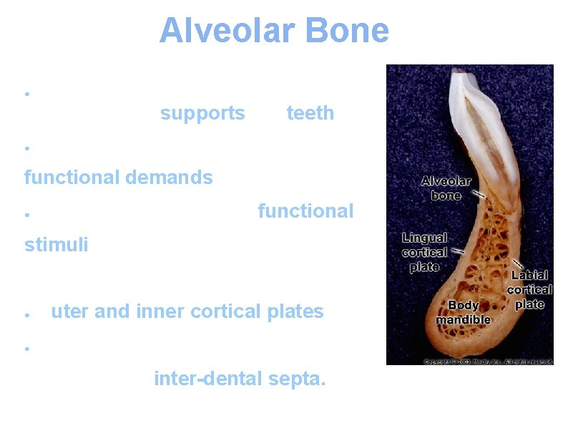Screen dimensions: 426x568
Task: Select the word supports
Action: [202, 113]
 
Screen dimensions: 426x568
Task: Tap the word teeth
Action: [310, 113]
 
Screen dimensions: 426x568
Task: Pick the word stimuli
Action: [57, 245]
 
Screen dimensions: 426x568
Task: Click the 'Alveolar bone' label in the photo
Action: [446, 188]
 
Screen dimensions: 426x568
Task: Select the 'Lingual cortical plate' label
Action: [425, 252]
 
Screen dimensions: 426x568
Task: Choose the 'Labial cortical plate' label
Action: [529, 289]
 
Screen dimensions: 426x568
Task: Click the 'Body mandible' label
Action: [463, 312]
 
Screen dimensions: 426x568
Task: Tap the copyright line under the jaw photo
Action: [488, 362]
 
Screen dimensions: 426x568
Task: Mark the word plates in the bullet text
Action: [297, 311]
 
